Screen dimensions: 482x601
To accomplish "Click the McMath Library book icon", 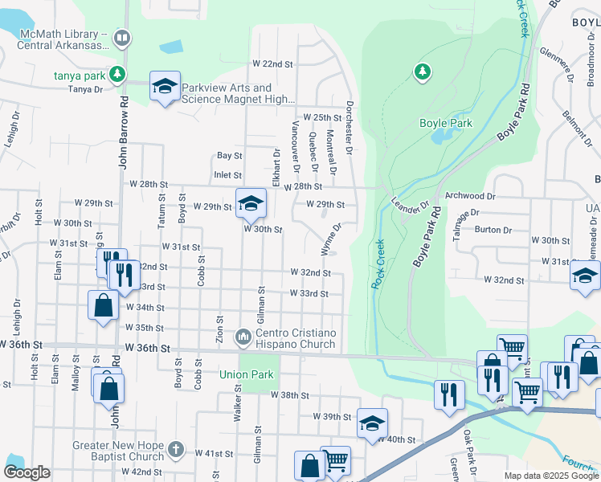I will pos(121,37).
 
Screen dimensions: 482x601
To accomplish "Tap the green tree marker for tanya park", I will pos(118,75).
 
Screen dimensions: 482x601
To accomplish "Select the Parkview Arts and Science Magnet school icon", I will pos(165,88).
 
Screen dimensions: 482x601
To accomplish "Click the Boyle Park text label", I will pos(446,123).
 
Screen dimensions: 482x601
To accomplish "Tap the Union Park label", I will pos(247,374).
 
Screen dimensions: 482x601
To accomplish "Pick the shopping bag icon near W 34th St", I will pos(103,306).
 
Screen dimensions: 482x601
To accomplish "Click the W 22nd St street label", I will pos(272,63).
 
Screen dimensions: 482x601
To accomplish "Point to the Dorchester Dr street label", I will pos(350,127).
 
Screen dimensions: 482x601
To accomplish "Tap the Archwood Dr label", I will pos(470,195).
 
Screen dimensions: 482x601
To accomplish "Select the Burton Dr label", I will pos(493,230).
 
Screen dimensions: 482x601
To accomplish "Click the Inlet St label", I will pos(227,174).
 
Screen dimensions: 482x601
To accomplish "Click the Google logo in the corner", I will pos(27,472).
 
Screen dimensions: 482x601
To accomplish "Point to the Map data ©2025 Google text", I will pos(550,476).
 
